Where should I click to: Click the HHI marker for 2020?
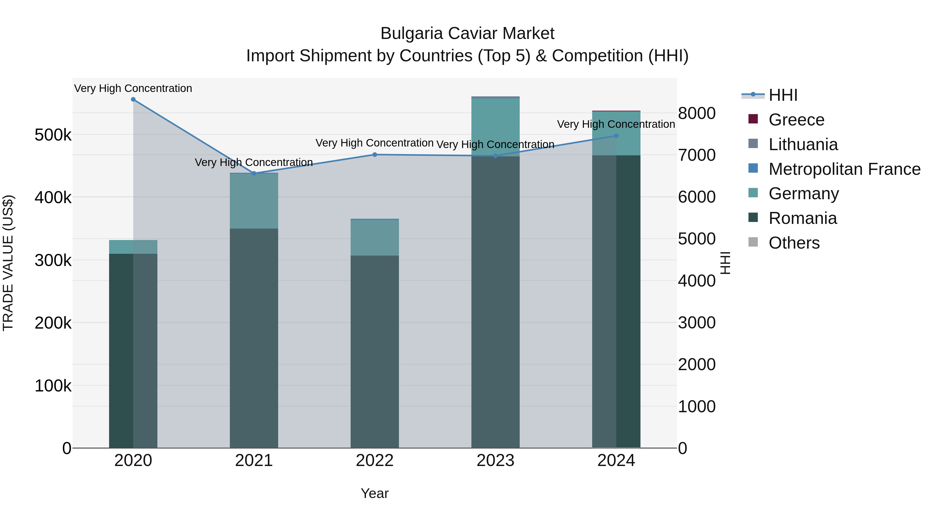(133, 99)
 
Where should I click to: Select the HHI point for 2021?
(254, 174)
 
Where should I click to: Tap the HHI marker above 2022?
(375, 155)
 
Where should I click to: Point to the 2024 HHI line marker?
(616, 136)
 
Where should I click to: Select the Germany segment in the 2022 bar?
(375, 238)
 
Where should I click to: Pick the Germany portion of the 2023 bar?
(496, 127)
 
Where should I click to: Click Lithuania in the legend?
(803, 144)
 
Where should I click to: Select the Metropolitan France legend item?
(844, 169)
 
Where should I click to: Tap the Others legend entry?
(794, 243)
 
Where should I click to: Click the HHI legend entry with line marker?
(783, 95)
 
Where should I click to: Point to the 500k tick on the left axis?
(53, 135)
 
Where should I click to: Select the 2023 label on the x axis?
(496, 461)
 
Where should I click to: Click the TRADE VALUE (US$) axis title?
(8, 263)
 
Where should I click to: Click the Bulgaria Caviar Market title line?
(467, 34)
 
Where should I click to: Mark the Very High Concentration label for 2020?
(133, 89)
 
